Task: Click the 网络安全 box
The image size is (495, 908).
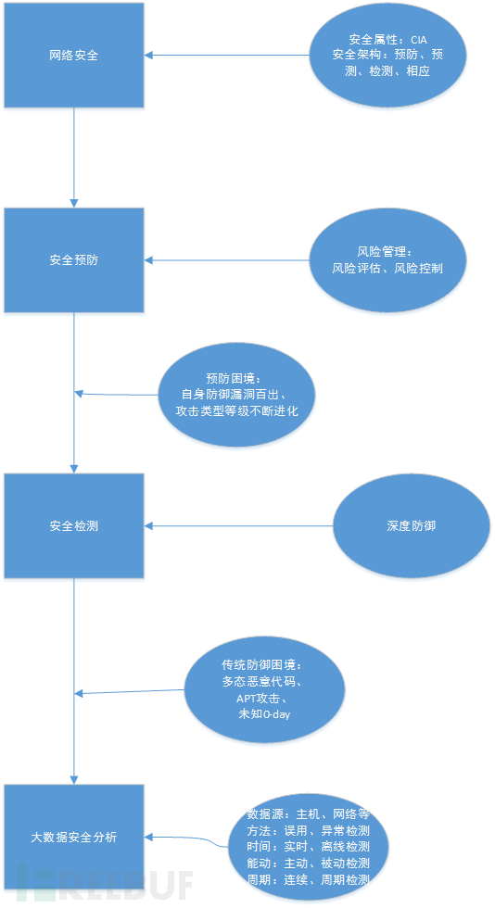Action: point(74,55)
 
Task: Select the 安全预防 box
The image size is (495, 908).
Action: point(74,260)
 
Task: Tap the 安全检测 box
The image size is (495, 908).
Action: point(74,526)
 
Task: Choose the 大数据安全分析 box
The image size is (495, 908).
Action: point(74,837)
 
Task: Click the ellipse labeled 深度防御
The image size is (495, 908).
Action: point(412,526)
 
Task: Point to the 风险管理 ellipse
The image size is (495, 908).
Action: point(387,260)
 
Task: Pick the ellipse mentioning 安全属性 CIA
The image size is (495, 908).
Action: point(387,56)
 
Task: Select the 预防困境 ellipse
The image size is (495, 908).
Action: point(237,395)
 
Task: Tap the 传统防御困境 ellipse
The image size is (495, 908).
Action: point(264,690)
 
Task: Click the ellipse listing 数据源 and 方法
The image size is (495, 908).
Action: point(308,847)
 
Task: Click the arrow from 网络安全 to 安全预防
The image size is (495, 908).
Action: point(74,158)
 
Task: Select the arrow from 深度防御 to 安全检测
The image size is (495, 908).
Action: point(239,526)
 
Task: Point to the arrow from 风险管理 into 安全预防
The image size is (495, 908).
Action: point(226,260)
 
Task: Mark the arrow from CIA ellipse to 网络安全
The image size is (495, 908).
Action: point(226,55)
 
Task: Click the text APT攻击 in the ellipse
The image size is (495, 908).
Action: point(264,699)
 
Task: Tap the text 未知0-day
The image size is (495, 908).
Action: point(264,714)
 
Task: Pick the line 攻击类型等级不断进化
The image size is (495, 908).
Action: point(237,411)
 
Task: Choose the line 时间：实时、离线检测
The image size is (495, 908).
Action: point(308,847)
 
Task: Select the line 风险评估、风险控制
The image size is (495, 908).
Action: point(387,268)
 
